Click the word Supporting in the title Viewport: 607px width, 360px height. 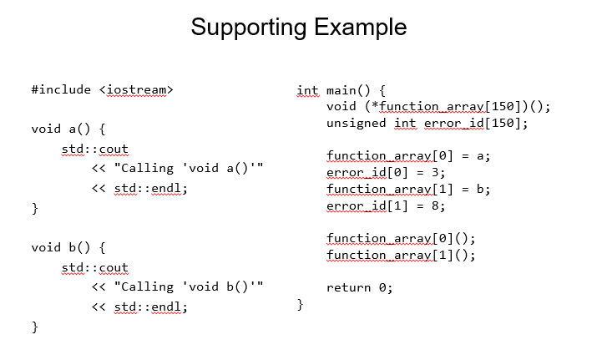coord(250,28)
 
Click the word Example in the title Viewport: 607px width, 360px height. coord(361,27)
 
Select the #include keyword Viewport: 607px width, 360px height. coord(61,89)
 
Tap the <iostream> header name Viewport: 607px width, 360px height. coord(136,90)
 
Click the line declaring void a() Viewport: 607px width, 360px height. coord(68,129)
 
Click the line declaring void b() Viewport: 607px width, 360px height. coord(68,247)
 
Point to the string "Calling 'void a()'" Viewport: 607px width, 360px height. coord(189,168)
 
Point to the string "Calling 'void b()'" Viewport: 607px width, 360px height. coord(189,286)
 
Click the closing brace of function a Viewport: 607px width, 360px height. coord(35,208)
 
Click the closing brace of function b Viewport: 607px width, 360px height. coord(35,327)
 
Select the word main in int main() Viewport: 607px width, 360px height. coord(341,90)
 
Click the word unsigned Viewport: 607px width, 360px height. coord(357,124)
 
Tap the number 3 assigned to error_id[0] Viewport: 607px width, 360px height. coord(435,172)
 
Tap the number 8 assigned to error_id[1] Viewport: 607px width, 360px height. coord(435,205)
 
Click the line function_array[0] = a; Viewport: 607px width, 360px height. coord(408,156)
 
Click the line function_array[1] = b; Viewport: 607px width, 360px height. coord(408,190)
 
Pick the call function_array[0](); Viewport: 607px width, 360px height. coord(401,238)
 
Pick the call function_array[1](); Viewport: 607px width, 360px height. coord(401,255)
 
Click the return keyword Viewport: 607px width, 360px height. coord(348,287)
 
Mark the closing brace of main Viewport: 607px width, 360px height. coord(300,305)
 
